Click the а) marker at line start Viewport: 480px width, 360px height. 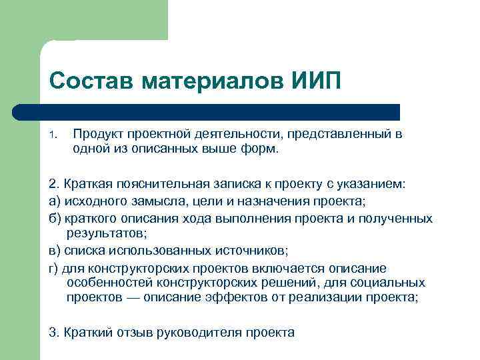(x=55, y=201)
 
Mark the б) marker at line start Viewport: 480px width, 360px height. (x=55, y=218)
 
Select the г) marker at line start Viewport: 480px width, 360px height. (x=55, y=268)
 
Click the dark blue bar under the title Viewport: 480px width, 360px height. (x=220, y=111)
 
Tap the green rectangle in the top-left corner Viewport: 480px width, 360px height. (x=83, y=20)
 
